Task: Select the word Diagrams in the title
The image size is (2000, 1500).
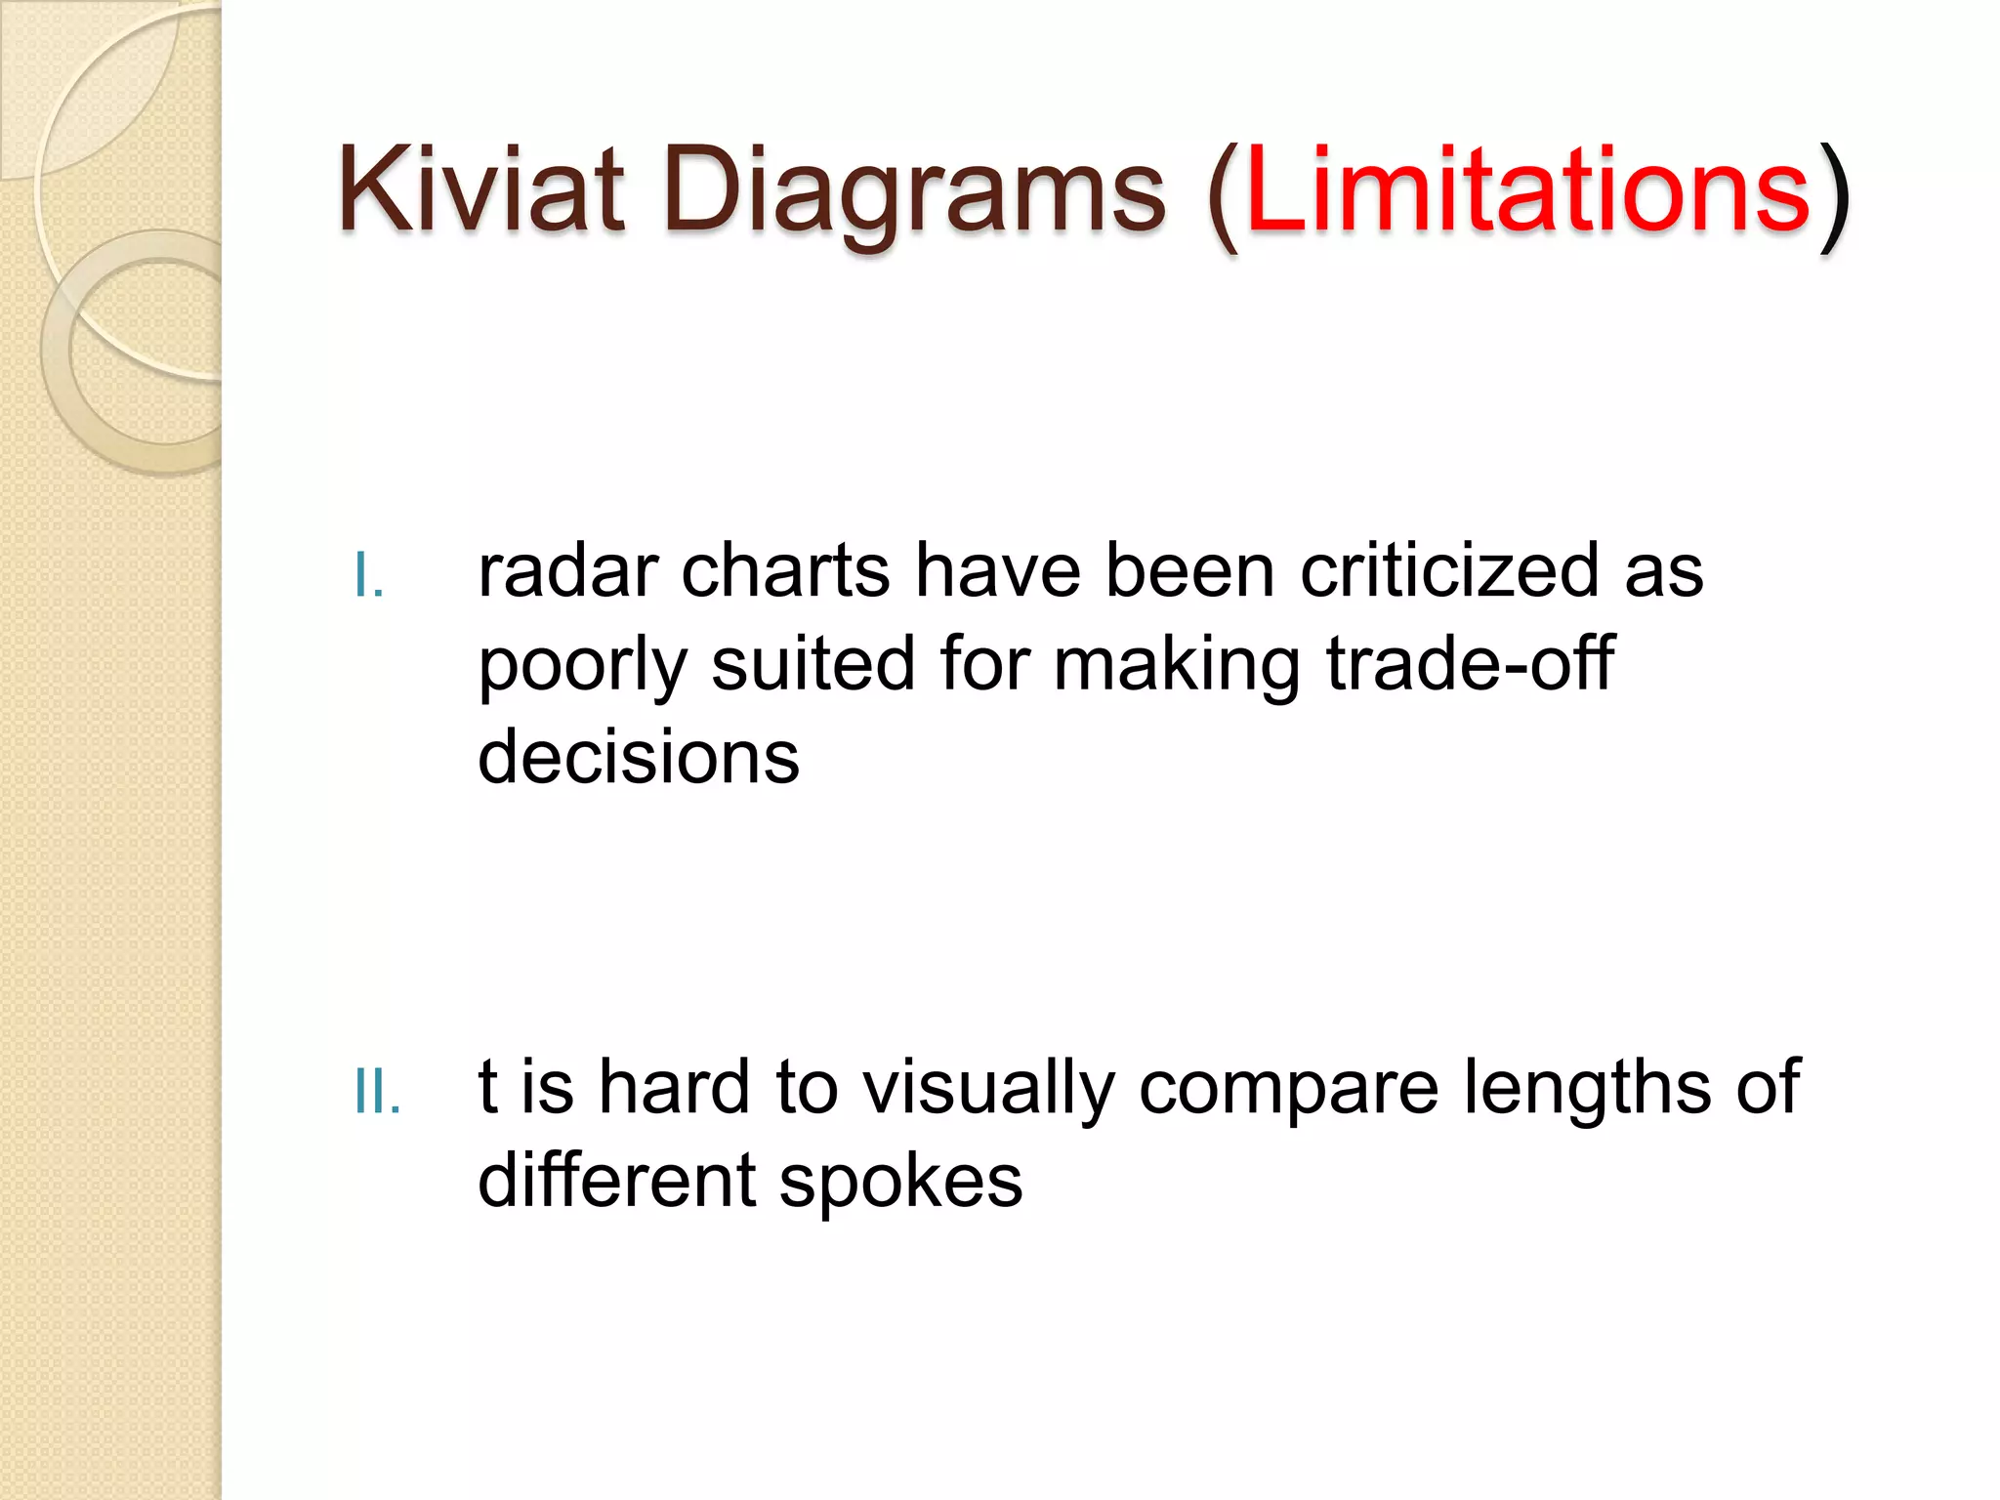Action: point(914,189)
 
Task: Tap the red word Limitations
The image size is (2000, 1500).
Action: point(1528,189)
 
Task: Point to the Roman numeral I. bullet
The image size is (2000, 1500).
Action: point(369,576)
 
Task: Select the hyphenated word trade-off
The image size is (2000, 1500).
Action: point(1469,663)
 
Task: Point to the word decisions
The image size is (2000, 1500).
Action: point(639,757)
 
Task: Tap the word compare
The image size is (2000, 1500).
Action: point(1288,1088)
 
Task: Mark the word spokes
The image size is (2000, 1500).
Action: point(900,1182)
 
